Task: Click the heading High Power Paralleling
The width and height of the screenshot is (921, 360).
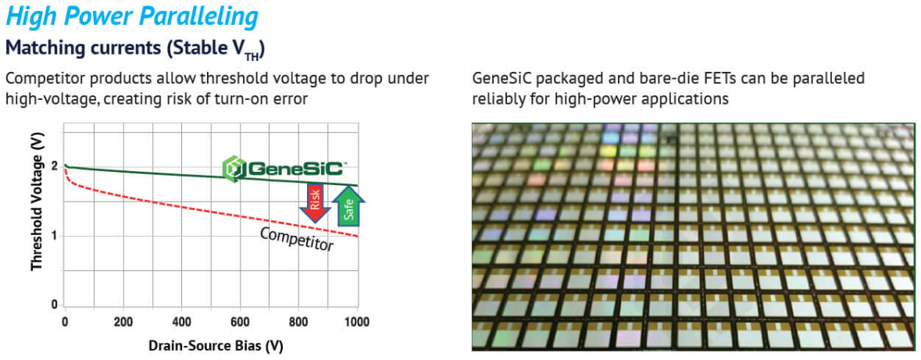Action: point(132,17)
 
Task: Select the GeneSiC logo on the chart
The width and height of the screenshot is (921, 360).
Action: point(282,169)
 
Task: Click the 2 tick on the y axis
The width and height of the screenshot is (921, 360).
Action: point(54,167)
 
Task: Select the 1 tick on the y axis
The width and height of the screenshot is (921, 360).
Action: point(54,236)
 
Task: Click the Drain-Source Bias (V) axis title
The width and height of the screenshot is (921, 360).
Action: point(211,346)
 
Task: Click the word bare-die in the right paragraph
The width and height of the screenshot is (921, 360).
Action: point(619,79)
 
